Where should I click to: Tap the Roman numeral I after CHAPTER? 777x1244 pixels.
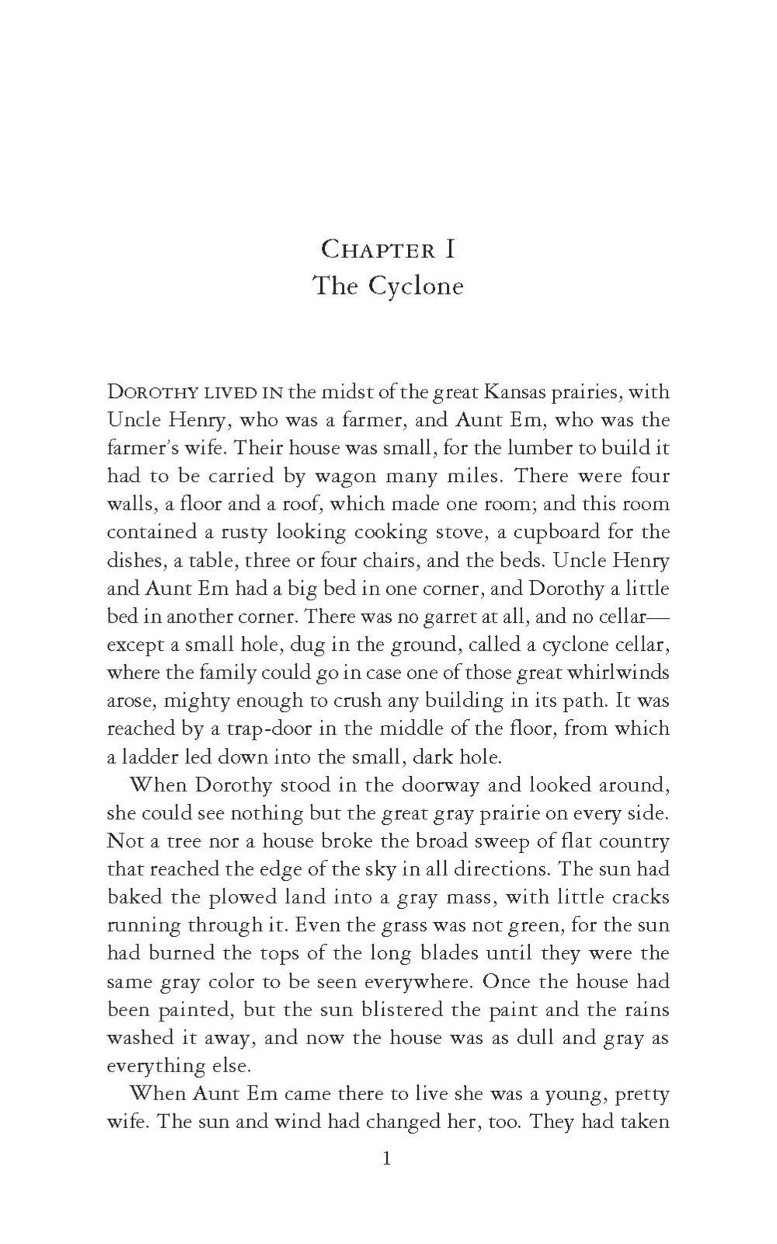(449, 250)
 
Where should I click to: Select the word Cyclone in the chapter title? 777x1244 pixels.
(416, 287)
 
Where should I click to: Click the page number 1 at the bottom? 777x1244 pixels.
(388, 1159)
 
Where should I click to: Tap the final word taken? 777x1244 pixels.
(643, 1123)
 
